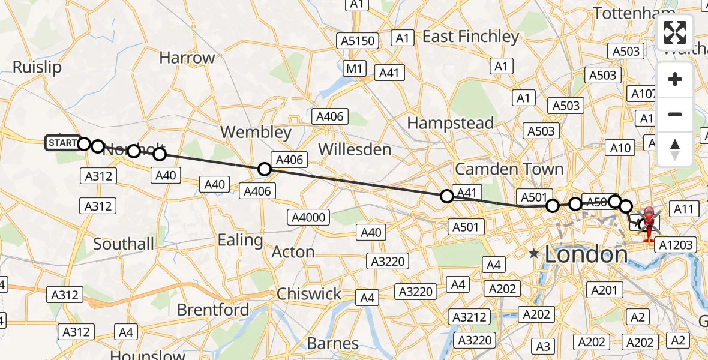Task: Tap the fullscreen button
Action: (x=675, y=32)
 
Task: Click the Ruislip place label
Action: (x=37, y=67)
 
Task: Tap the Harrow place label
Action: (x=187, y=58)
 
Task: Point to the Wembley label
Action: (x=256, y=132)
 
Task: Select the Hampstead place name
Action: (x=451, y=124)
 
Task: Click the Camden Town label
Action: (x=509, y=169)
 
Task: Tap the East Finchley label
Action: (x=470, y=37)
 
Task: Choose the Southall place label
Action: (x=124, y=244)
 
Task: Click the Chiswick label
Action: (x=309, y=294)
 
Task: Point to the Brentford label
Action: (x=213, y=310)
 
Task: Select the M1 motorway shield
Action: (x=354, y=69)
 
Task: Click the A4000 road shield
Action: (x=308, y=217)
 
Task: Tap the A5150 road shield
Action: (x=358, y=41)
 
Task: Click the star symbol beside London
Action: (x=534, y=254)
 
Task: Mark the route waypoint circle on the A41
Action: (x=446, y=196)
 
